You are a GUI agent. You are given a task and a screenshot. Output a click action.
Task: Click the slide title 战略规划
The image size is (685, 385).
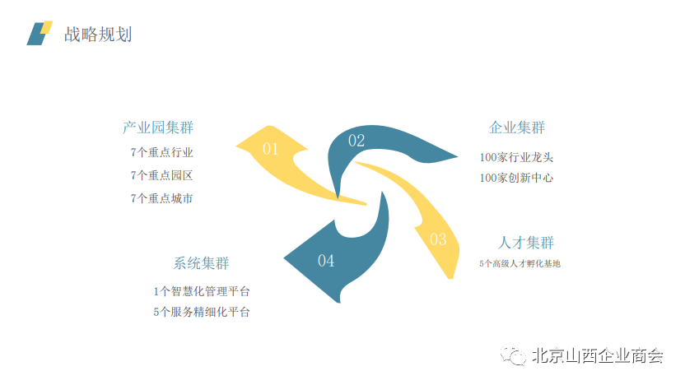pyautogui.click(x=98, y=34)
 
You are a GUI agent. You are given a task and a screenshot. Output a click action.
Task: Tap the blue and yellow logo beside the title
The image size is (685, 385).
pyautogui.click(x=39, y=33)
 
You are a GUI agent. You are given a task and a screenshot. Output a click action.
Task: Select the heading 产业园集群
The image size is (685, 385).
pyautogui.click(x=158, y=128)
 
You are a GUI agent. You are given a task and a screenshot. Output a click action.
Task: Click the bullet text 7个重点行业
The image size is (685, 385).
pyautogui.click(x=161, y=152)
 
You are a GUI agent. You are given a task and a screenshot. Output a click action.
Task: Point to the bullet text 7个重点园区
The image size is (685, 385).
pyautogui.click(x=161, y=175)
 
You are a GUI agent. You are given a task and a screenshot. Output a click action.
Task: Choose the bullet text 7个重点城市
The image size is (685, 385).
pyautogui.click(x=161, y=198)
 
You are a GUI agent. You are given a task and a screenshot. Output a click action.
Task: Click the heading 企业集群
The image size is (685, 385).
pyautogui.click(x=517, y=128)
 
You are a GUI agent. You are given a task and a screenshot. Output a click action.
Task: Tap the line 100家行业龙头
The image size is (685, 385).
pyautogui.click(x=516, y=157)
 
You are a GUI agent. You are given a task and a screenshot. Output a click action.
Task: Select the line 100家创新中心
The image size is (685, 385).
pyautogui.click(x=516, y=178)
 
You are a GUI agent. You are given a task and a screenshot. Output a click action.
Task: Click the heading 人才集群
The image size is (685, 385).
pyautogui.click(x=526, y=243)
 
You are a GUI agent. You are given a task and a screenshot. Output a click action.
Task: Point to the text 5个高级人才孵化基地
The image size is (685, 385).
pyautogui.click(x=520, y=264)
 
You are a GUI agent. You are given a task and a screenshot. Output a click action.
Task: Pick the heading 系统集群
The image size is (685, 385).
pyautogui.click(x=201, y=263)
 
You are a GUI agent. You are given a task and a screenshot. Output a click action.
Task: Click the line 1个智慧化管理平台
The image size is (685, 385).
pyautogui.click(x=202, y=291)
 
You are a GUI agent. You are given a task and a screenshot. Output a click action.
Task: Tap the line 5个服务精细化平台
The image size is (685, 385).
pyautogui.click(x=202, y=312)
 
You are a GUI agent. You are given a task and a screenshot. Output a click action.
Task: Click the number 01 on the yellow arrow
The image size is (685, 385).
pyautogui.click(x=271, y=149)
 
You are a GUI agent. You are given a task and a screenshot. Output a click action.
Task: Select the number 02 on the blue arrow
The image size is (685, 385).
pyautogui.click(x=356, y=141)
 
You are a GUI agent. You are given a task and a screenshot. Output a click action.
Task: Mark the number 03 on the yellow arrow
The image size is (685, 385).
pyautogui.click(x=438, y=239)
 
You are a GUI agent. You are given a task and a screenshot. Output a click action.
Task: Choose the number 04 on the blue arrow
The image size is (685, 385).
pyautogui.click(x=326, y=261)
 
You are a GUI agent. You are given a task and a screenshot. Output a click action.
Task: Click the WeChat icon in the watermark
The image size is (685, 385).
pyautogui.click(x=516, y=355)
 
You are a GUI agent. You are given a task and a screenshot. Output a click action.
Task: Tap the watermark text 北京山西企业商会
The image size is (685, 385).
pyautogui.click(x=597, y=356)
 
